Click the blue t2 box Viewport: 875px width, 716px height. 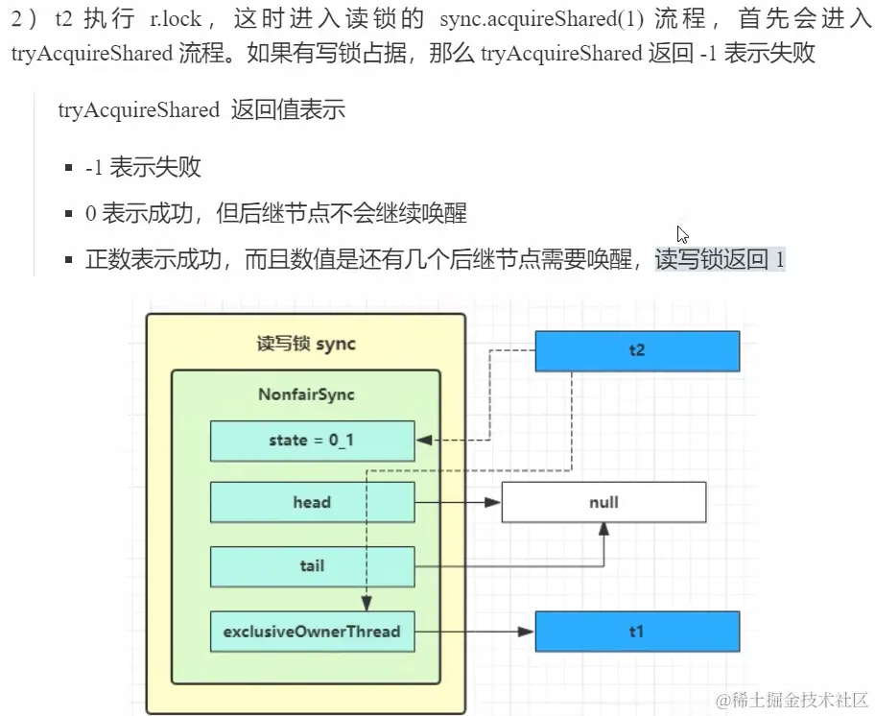(x=637, y=350)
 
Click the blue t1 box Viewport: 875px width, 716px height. (x=637, y=632)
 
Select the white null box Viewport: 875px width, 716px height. (x=603, y=502)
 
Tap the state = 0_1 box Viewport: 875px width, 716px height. (x=312, y=441)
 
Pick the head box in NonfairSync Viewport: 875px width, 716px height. (x=312, y=502)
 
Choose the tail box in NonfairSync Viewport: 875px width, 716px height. (x=312, y=566)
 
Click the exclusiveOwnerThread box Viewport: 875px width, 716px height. (x=312, y=632)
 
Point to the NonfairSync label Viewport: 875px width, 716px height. (x=306, y=394)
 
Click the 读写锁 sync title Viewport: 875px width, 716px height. (x=306, y=344)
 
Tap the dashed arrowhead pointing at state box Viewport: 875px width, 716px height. (x=423, y=441)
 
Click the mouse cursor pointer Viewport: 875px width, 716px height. (x=682, y=234)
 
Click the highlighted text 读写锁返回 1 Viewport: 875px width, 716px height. (x=720, y=259)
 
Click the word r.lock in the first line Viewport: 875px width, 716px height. (x=173, y=18)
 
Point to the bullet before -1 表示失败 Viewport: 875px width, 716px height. (x=68, y=168)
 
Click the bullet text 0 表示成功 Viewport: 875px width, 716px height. (x=144, y=213)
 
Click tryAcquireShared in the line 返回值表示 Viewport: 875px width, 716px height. (x=138, y=109)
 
